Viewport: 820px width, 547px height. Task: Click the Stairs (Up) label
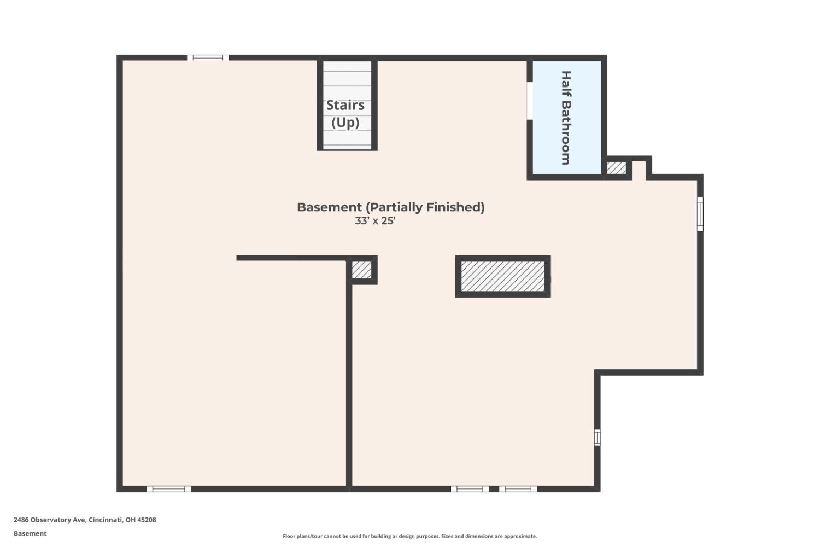coord(345,114)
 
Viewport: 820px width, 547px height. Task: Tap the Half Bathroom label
coord(566,118)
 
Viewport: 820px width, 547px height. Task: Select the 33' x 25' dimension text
coord(375,221)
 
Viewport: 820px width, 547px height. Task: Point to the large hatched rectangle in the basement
coord(502,276)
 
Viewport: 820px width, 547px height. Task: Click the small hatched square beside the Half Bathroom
coord(617,168)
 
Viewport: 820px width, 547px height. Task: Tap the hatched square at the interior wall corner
coord(361,270)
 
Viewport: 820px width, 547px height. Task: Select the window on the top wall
coord(208,57)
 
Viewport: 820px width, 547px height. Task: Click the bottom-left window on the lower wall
coord(169,489)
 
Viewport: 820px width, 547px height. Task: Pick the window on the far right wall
coord(700,214)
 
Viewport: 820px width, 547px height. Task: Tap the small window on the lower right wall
coord(597,437)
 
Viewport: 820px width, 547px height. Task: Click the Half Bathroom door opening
coord(529,101)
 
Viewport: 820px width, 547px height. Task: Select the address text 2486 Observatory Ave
coord(49,520)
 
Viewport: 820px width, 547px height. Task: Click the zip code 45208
coord(147,520)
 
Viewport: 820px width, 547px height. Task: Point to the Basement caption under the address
coord(30,533)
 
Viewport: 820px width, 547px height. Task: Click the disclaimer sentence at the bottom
coord(409,536)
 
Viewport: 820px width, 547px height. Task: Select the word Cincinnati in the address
coord(106,520)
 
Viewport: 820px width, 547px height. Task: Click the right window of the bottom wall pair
coord(518,489)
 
